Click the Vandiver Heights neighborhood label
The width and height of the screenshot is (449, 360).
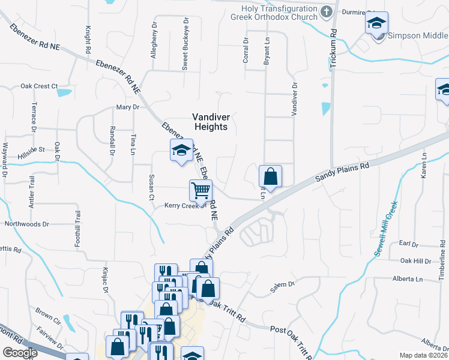tap(210, 122)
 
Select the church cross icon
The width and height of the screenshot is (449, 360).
tap(326, 11)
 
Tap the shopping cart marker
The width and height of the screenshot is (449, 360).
tap(200, 190)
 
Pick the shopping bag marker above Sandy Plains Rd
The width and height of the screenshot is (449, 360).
tap(271, 176)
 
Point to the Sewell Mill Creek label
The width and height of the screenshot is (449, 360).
tap(385, 228)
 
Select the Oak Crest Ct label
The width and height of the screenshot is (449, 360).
tap(38, 86)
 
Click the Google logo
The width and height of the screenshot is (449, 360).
tap(20, 352)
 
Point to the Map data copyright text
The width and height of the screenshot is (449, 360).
tap(424, 355)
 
